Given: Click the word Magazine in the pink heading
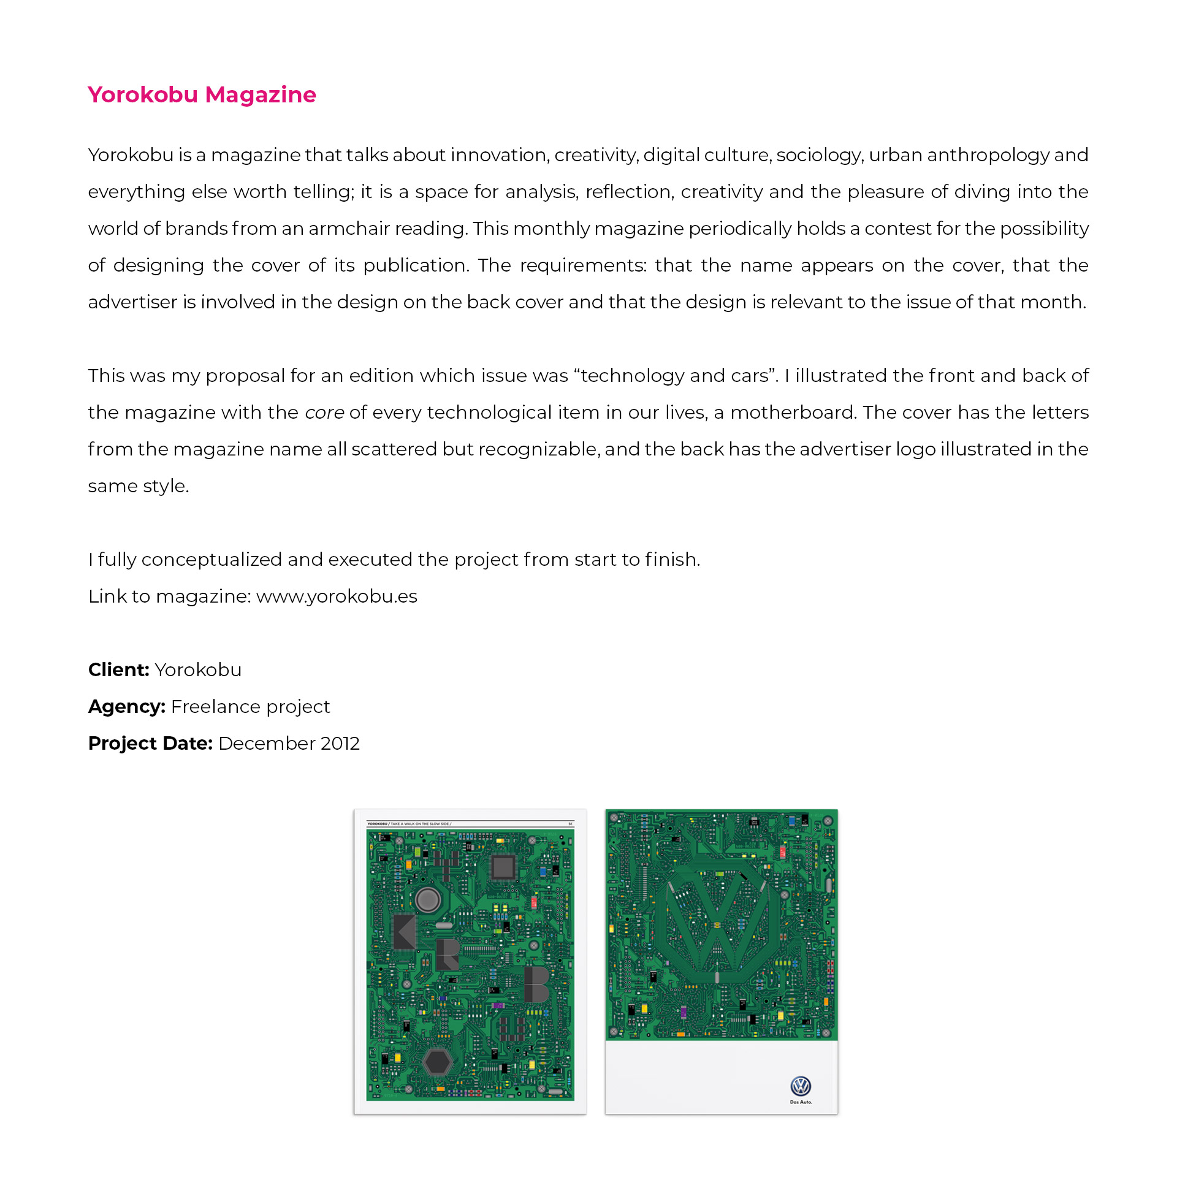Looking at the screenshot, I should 261,95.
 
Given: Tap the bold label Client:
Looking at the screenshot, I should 118,669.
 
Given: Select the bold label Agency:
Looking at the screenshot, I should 126,706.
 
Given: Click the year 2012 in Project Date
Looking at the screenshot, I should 340,743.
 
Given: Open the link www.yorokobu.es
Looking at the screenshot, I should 337,596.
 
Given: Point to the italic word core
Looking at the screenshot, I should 324,413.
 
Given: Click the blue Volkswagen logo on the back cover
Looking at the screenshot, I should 801,1086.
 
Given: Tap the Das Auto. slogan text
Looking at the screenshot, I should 801,1102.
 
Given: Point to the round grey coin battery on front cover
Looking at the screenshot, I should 427,900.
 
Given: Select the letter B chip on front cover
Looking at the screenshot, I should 536,984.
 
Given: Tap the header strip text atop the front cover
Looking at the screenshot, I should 409,824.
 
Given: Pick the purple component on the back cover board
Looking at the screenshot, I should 684,1011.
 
